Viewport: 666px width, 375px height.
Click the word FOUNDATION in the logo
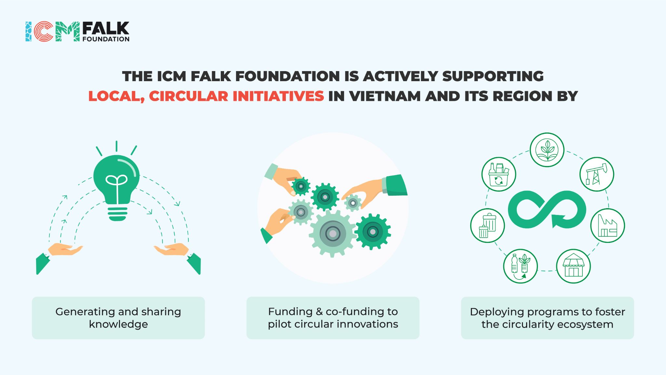(x=106, y=39)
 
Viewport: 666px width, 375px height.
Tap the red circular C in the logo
(x=44, y=31)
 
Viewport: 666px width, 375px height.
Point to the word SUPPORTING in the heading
(x=493, y=76)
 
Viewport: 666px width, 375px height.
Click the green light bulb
(x=116, y=185)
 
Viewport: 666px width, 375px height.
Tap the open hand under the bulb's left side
(x=65, y=249)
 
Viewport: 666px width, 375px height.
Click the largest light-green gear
(x=332, y=233)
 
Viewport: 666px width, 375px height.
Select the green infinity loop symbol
(x=547, y=209)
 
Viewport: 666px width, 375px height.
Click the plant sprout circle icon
(x=547, y=150)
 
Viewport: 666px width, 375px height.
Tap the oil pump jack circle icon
(x=596, y=174)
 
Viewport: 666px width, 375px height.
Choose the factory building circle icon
(x=607, y=225)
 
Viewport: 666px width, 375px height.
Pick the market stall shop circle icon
(x=573, y=266)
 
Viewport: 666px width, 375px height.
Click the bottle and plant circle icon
(x=520, y=266)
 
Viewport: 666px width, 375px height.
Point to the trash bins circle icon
(x=487, y=225)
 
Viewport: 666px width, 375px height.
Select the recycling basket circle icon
(x=499, y=174)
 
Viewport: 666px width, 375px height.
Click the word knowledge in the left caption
(x=118, y=324)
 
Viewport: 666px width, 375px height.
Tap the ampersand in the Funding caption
(x=319, y=312)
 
